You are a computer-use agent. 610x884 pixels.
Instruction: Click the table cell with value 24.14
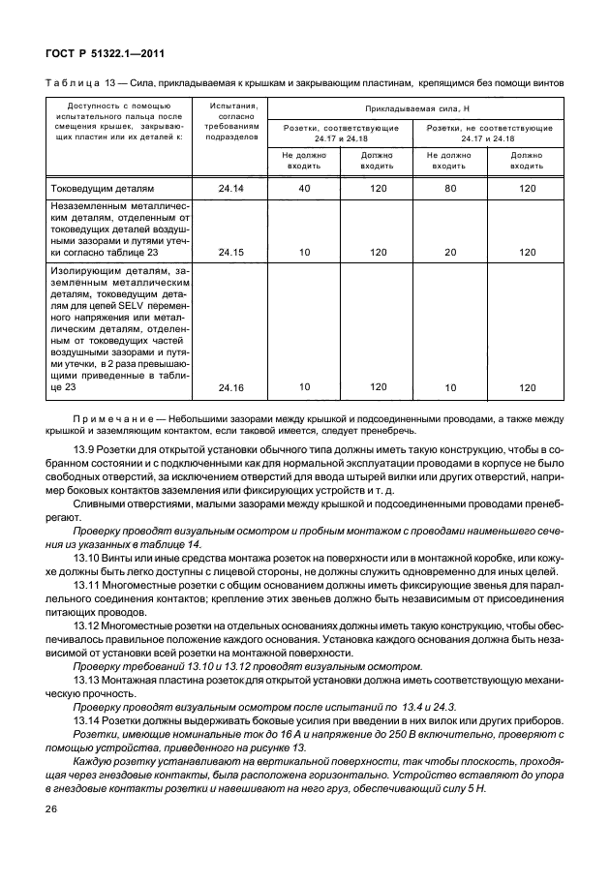(231, 188)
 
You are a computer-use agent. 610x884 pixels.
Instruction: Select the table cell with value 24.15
(231, 252)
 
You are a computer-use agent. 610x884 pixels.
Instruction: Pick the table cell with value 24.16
(231, 387)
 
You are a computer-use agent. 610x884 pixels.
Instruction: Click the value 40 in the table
(303, 188)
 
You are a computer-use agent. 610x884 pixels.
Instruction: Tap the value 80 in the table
(448, 188)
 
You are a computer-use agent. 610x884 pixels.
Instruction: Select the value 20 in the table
(448, 252)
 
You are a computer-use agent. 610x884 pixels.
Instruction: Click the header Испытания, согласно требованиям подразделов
(231, 121)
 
